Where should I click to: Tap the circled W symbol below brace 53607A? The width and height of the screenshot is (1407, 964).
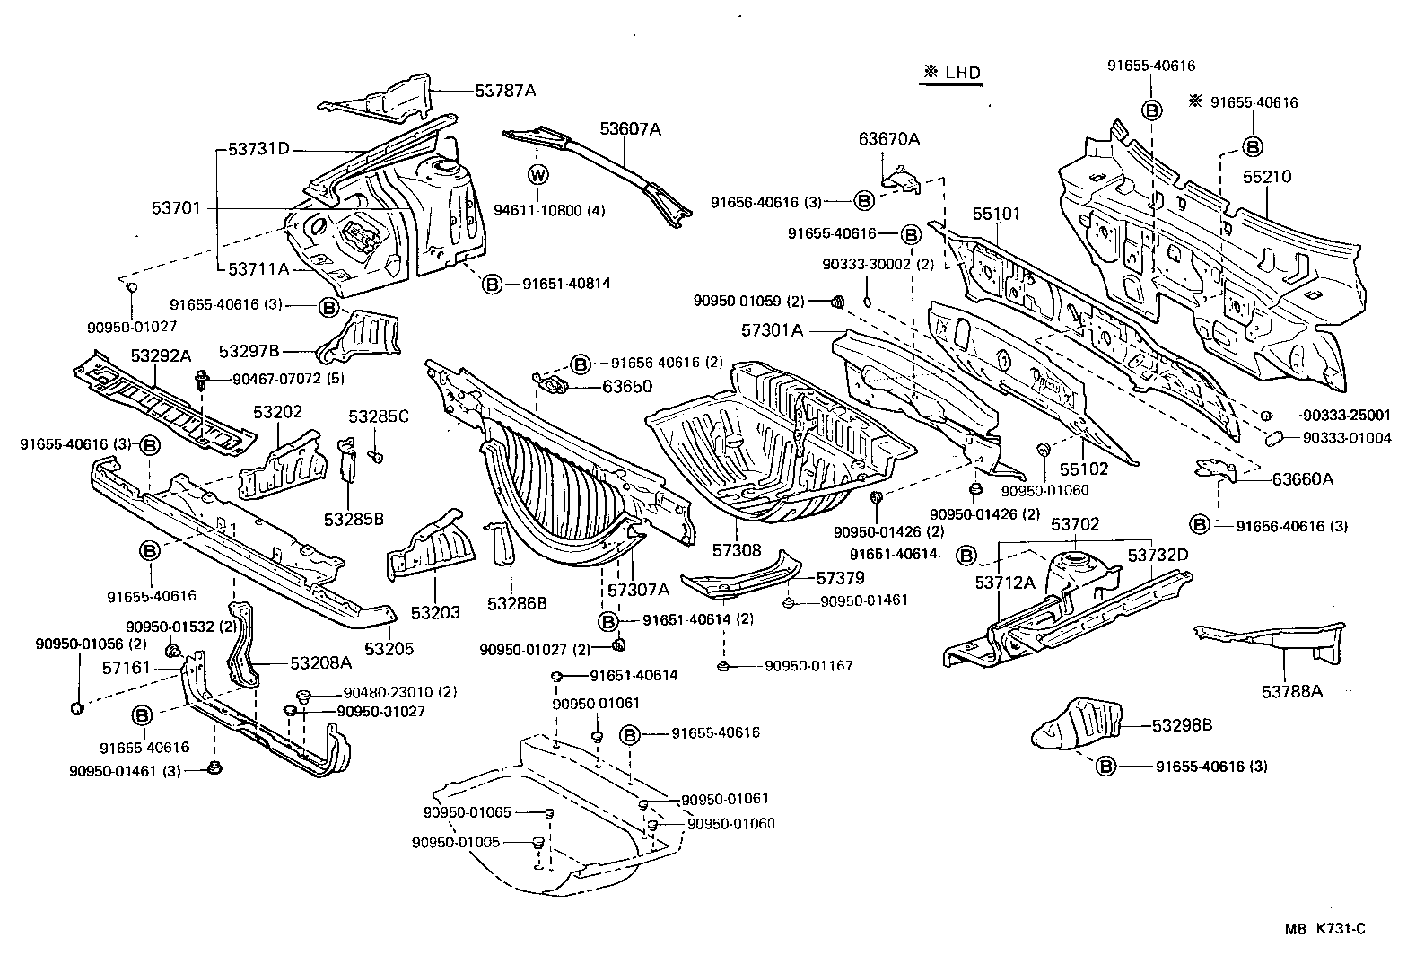538,175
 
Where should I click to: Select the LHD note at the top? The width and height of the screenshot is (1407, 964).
950,74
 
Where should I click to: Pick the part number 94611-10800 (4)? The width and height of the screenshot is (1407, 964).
550,211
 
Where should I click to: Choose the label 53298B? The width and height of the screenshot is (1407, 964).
1182,724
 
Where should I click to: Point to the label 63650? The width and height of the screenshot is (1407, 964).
627,387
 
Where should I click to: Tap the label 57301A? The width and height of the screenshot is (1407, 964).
772,330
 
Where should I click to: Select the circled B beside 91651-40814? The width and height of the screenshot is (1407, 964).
492,284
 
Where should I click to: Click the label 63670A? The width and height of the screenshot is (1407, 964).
888,138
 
